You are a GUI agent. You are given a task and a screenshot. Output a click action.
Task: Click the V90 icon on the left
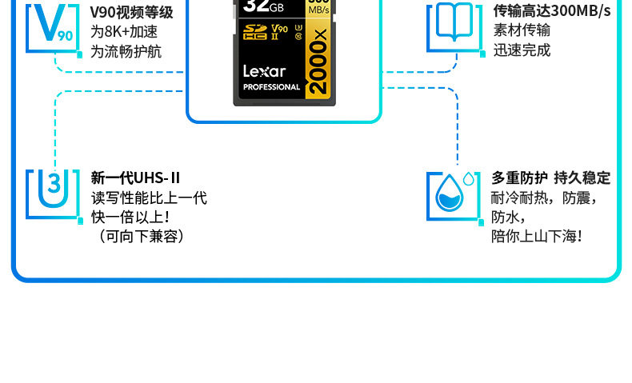(x=53, y=27)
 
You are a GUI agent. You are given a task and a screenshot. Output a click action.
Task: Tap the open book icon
(x=454, y=26)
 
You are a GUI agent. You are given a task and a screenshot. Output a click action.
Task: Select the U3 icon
(x=53, y=193)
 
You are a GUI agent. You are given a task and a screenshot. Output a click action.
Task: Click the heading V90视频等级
(x=131, y=12)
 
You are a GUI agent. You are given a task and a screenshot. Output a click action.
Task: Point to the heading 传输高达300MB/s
(x=551, y=11)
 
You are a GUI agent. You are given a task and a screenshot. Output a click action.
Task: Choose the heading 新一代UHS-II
(x=136, y=178)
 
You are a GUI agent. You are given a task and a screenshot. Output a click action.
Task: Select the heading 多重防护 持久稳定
(x=550, y=178)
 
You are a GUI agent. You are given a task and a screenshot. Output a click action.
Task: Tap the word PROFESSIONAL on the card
(x=271, y=87)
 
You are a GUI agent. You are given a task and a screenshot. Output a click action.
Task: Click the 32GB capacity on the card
(x=263, y=6)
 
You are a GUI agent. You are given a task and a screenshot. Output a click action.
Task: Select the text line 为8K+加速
(x=124, y=32)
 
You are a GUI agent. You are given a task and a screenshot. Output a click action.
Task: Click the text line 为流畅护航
(x=126, y=51)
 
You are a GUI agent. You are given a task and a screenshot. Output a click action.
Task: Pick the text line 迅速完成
(x=522, y=50)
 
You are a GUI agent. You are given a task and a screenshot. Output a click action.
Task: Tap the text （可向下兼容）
(x=138, y=236)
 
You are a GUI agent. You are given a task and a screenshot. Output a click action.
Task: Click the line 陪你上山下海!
(x=537, y=236)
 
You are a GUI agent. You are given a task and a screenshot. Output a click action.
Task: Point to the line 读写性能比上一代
(x=149, y=197)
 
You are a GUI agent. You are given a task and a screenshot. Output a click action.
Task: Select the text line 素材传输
(x=522, y=30)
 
